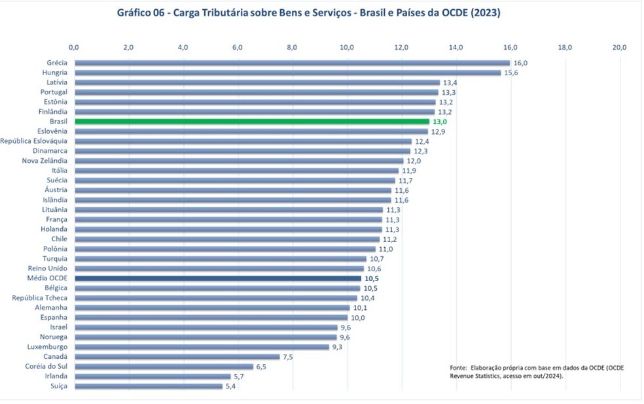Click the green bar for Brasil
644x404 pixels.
click(x=252, y=122)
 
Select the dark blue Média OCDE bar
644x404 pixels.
click(x=218, y=278)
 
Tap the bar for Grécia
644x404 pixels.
click(x=293, y=63)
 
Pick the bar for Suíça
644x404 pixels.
click(x=149, y=386)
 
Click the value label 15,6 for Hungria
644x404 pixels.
click(x=510, y=73)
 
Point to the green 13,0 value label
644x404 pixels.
click(x=439, y=122)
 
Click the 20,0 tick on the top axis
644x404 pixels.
click(x=619, y=47)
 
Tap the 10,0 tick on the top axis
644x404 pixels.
click(x=347, y=47)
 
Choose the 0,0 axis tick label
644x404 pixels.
click(x=74, y=47)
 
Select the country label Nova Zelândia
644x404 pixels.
click(x=45, y=161)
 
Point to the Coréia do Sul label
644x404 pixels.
click(x=45, y=367)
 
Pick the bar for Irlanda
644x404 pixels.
click(x=152, y=377)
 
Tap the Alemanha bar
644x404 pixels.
click(x=212, y=308)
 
